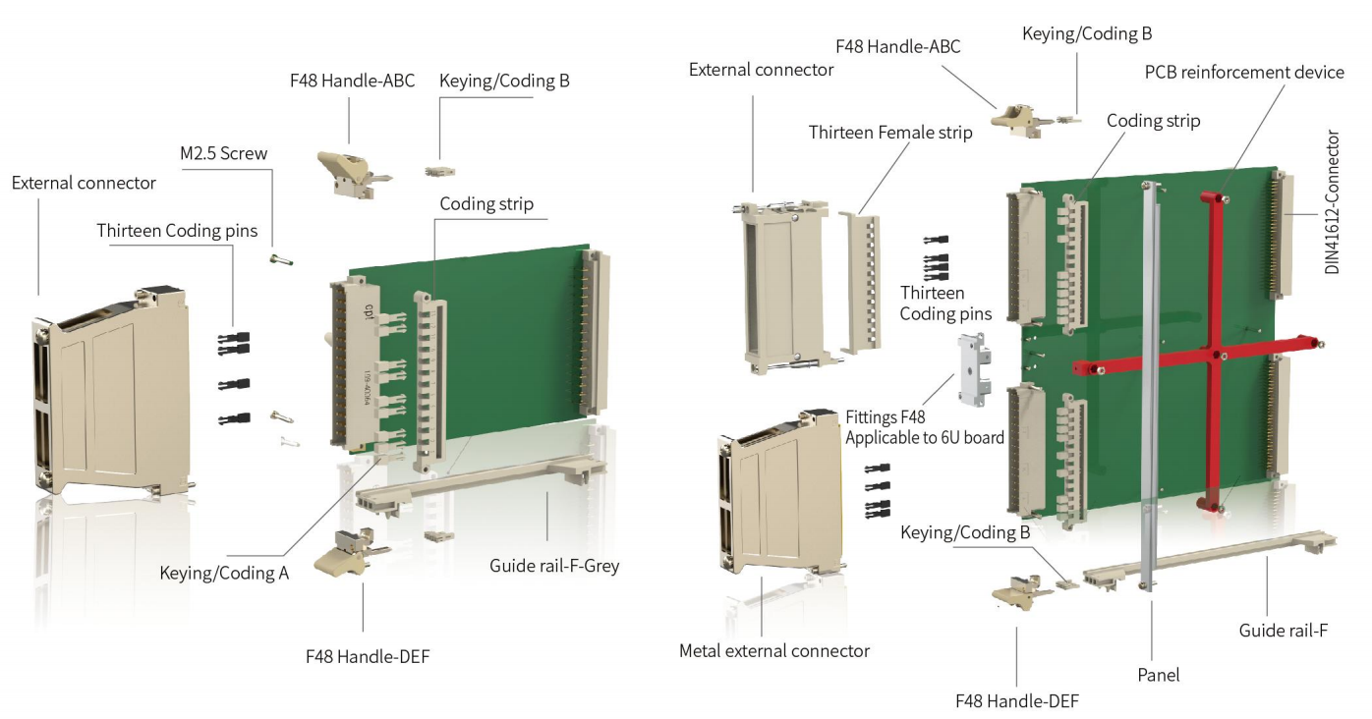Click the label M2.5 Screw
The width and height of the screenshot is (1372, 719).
224,153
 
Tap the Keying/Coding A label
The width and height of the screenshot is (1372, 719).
224,572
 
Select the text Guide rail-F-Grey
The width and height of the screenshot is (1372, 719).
554,566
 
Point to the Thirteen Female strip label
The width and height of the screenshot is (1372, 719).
890,133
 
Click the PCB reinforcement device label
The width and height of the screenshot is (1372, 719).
1244,73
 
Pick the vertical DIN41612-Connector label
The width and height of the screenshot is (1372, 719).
1333,202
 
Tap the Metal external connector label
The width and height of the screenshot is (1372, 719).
774,650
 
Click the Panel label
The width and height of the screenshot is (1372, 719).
1158,675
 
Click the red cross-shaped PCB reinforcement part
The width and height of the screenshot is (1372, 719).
1216,354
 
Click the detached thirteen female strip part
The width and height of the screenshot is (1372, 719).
862,280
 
